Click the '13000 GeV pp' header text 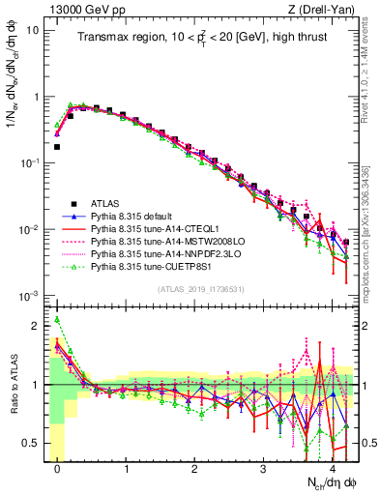83,9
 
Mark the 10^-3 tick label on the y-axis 30,295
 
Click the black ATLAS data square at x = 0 57,147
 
